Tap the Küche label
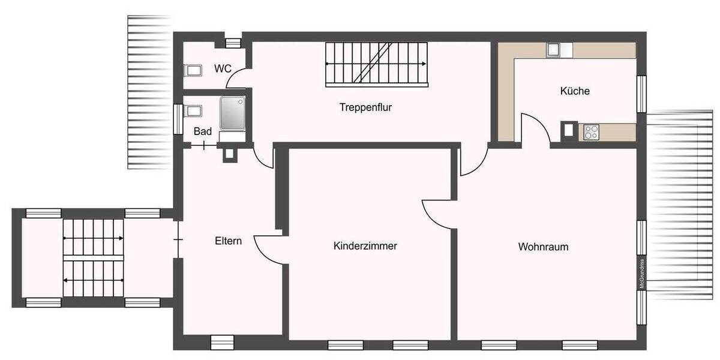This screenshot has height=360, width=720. click(575, 91)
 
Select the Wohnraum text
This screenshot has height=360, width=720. click(543, 247)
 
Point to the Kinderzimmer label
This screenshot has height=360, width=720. click(365, 246)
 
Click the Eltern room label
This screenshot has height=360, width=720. click(228, 241)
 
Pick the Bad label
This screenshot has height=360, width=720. click(202, 131)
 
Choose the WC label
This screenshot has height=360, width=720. click(223, 69)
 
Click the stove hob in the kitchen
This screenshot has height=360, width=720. click(590, 131)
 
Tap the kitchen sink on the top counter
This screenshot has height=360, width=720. click(553, 50)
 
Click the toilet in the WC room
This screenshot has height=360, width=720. click(193, 71)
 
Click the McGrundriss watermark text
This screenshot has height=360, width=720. click(641, 274)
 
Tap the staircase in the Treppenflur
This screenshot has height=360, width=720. click(376, 64)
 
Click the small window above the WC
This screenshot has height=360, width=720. click(232, 42)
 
